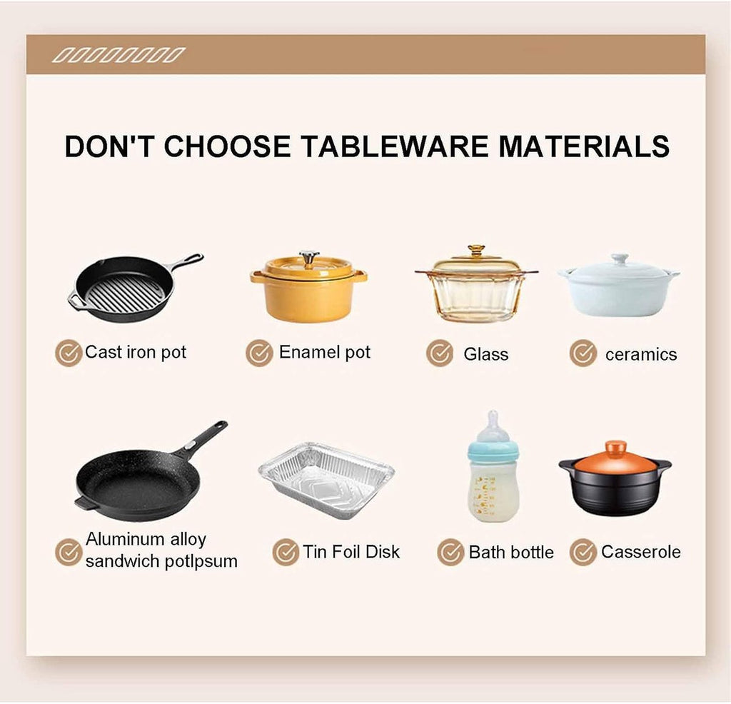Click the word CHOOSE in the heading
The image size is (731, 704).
tap(227, 146)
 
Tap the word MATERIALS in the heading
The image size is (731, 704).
tap(584, 146)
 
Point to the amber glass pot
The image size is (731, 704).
tap(476, 284)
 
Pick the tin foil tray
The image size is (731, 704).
tap(326, 481)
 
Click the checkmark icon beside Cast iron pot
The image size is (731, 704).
tap(69, 353)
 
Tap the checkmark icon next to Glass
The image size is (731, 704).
tap(440, 353)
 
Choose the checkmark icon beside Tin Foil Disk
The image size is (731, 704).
tap(286, 552)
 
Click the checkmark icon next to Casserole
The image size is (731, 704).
tap(583, 552)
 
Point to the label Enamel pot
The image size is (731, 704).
tap(325, 353)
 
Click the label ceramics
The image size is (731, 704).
tap(641, 354)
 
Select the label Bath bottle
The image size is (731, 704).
tap(511, 552)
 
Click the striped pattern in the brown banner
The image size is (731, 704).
tap(119, 55)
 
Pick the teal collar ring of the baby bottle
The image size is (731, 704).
tap(493, 451)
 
